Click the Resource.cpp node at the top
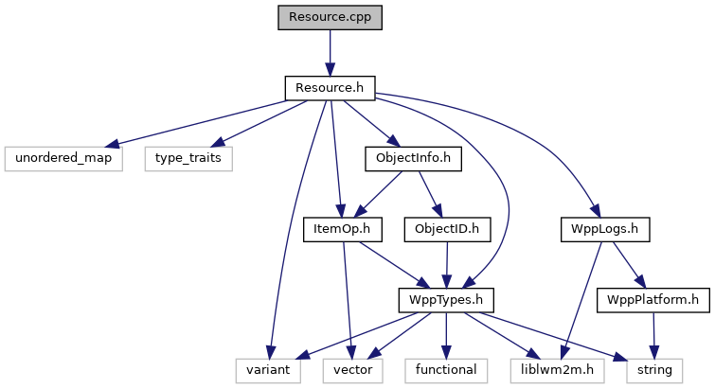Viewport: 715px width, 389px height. [x=330, y=17]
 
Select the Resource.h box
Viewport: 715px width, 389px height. [x=330, y=88]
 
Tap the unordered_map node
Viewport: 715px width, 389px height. [x=63, y=158]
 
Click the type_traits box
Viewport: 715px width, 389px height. [x=188, y=158]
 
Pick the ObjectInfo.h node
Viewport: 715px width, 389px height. [x=413, y=158]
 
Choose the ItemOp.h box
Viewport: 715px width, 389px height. [x=341, y=229]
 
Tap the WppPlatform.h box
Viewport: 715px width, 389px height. [x=652, y=300]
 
